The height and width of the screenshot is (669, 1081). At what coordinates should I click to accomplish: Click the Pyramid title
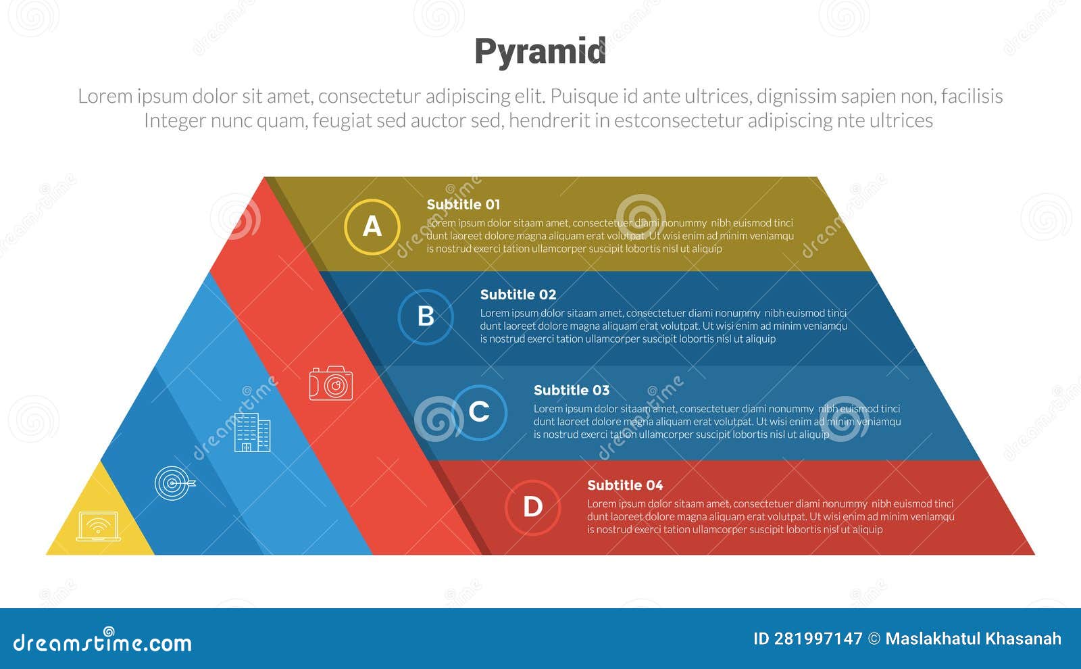(x=540, y=52)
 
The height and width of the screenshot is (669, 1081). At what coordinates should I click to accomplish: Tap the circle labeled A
(x=372, y=227)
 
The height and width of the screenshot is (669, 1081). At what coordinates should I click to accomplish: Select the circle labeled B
(x=426, y=317)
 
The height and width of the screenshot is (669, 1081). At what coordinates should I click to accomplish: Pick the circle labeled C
(x=479, y=412)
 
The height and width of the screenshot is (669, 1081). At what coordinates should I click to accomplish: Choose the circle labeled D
(x=532, y=507)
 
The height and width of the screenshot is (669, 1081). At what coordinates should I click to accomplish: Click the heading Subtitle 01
(x=463, y=205)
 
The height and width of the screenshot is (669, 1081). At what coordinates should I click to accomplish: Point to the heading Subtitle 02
(x=518, y=295)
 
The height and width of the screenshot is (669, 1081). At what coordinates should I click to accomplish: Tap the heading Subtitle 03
(x=572, y=390)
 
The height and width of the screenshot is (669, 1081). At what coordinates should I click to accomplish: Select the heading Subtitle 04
(x=625, y=485)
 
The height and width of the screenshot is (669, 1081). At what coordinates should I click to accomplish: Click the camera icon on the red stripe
(x=331, y=383)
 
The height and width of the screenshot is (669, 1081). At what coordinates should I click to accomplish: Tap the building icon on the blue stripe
(x=253, y=432)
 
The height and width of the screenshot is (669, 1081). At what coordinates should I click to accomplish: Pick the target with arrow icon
(x=174, y=483)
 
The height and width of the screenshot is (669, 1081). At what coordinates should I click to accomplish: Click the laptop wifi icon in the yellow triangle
(x=99, y=526)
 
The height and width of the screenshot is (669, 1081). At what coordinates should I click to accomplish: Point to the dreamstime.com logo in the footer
(x=103, y=642)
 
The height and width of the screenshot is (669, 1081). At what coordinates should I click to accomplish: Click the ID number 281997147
(x=818, y=639)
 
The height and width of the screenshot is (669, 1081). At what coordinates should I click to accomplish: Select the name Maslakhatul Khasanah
(x=973, y=639)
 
